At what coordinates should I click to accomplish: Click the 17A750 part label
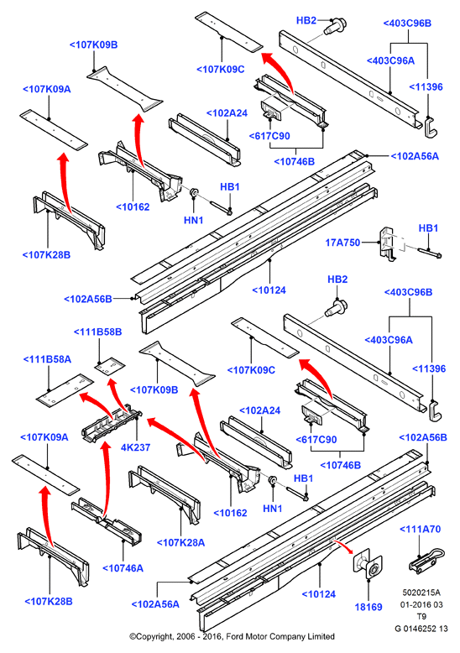tap(342, 243)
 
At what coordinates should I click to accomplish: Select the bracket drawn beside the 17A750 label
tap(387, 243)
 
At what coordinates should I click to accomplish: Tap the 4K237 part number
tap(135, 447)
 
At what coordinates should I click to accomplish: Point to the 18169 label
tap(369, 607)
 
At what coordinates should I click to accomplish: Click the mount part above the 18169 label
tap(368, 563)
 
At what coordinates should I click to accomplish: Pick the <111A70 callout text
tap(420, 530)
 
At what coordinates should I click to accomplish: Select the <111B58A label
tap(47, 359)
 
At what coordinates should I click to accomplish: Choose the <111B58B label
tap(98, 332)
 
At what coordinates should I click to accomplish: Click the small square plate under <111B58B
tap(110, 366)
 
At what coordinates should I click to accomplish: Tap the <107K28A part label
tap(180, 543)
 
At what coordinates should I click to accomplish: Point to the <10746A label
tap(123, 568)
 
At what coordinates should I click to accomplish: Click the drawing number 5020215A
tap(421, 593)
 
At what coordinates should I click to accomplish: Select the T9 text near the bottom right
tap(421, 616)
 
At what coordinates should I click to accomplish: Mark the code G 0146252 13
tap(421, 629)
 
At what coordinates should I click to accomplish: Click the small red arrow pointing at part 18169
tap(343, 546)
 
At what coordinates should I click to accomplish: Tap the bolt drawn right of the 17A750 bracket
tap(429, 253)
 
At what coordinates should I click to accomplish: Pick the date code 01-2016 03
tap(421, 604)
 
